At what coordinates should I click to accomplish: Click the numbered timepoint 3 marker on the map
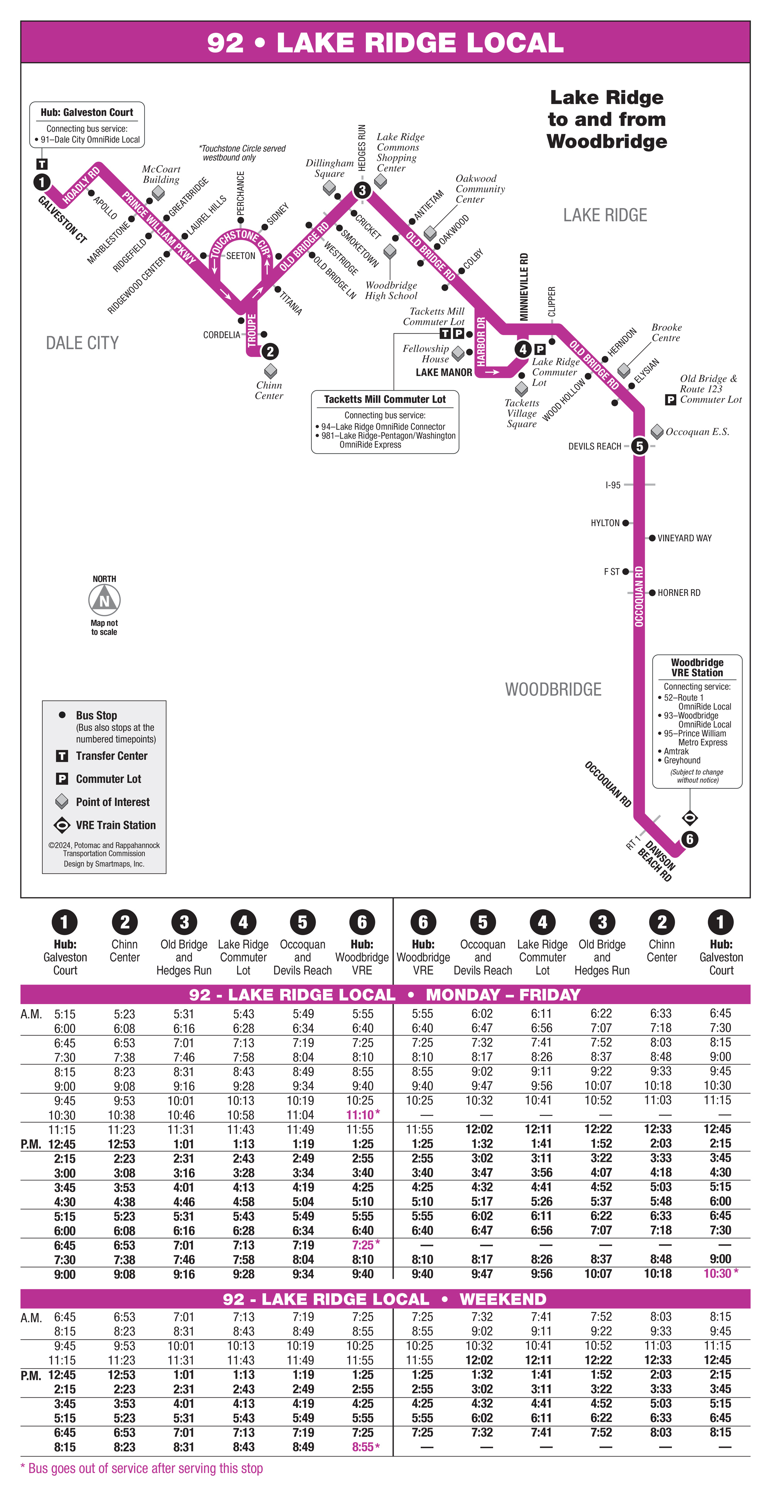coord(362,190)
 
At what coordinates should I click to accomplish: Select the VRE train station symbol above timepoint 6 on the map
coord(689,818)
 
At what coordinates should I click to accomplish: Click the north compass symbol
coord(104,600)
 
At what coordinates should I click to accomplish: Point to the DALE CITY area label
coord(82,343)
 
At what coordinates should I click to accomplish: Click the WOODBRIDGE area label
coord(553,689)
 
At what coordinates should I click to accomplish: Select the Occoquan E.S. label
coord(697,432)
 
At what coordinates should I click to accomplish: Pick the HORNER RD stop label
coord(679,593)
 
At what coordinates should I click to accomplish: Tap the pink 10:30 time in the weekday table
coord(717,1273)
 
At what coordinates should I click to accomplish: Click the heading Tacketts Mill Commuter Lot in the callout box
coord(385,399)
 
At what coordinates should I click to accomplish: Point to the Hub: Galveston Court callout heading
coord(87,112)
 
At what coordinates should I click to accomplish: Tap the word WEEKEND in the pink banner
coord(503,1300)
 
